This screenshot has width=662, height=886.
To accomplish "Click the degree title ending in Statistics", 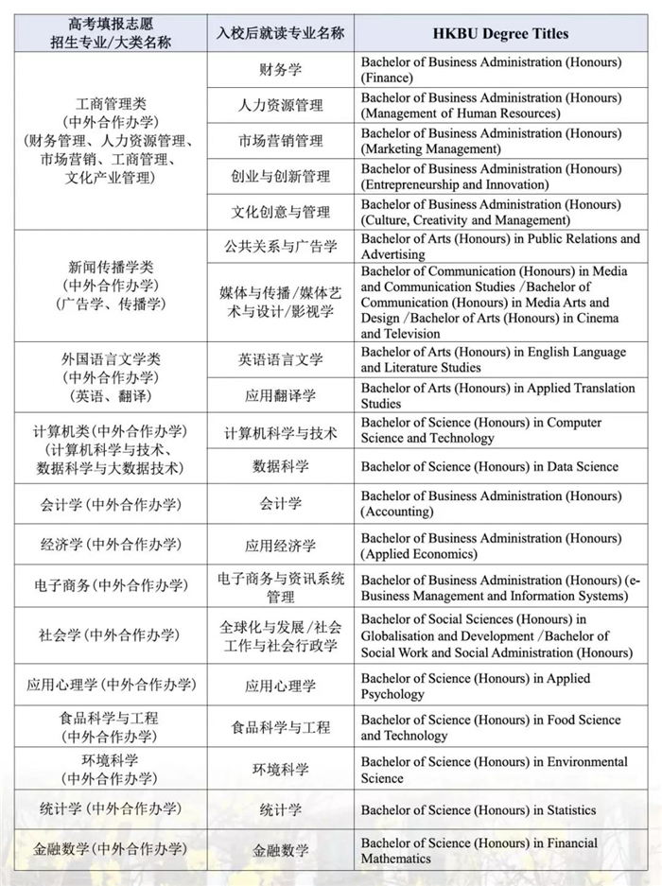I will tap(479, 810).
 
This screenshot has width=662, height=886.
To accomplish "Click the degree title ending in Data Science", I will tap(489, 466).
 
